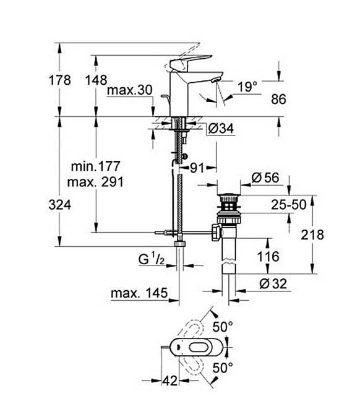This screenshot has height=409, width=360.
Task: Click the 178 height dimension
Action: point(60,80)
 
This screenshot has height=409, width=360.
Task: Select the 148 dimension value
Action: point(96,80)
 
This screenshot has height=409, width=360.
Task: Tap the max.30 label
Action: point(129,90)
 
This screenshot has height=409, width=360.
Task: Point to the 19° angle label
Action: point(247,87)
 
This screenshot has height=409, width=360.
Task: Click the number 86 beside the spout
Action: point(278,99)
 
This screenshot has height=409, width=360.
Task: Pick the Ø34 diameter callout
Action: point(221,128)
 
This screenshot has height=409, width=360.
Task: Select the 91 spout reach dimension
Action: point(197,168)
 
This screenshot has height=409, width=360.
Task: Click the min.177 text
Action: point(95,166)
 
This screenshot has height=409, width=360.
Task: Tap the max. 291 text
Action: point(95,182)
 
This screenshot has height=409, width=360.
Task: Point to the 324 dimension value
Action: point(60,205)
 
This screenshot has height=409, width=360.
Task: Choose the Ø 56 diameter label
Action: point(265,178)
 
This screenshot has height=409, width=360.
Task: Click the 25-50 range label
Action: point(289,205)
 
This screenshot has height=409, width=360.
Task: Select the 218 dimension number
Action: point(312,235)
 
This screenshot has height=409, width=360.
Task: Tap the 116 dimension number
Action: point(268,257)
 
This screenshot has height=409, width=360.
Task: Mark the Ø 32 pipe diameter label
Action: point(273,283)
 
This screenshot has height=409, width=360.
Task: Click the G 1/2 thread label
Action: point(152,259)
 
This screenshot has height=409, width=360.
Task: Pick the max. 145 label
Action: point(139,293)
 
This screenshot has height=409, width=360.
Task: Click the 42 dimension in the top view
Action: point(169,381)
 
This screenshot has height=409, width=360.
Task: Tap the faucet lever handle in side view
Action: point(191,62)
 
